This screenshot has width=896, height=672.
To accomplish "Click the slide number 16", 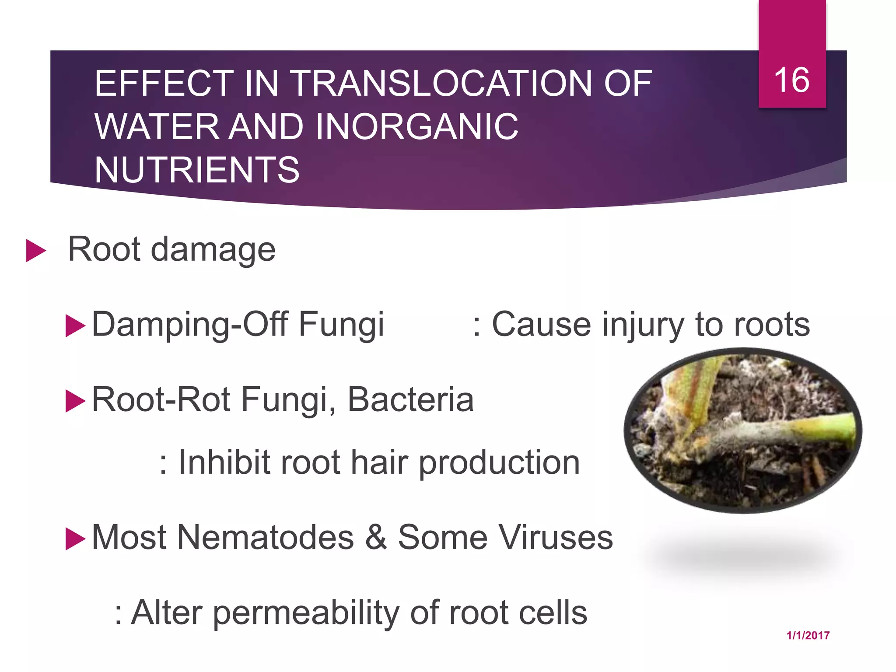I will (x=791, y=80).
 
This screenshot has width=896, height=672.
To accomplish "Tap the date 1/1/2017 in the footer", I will (x=808, y=636).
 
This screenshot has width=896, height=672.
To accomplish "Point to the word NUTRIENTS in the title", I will (x=197, y=170).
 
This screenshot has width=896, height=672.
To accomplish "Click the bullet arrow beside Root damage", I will (x=36, y=250).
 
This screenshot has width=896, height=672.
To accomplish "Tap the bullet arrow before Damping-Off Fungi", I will (x=75, y=325).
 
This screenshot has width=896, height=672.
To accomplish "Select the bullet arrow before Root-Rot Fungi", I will (x=75, y=401).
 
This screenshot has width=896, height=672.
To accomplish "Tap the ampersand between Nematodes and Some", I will (x=376, y=537).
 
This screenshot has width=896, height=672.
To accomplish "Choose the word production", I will (x=499, y=463).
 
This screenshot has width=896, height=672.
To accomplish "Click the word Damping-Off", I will (x=190, y=325).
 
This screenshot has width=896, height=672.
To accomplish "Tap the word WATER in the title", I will (x=157, y=126).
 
